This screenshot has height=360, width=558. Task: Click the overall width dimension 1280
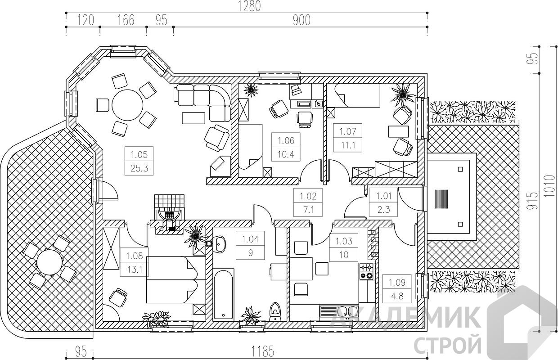coord(249,6)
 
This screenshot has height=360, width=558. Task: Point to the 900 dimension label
coord(301,20)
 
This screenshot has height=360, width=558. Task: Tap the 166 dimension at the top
coord(126,20)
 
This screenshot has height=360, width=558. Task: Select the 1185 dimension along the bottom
coord(262,352)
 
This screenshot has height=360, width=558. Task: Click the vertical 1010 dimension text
coord(550,186)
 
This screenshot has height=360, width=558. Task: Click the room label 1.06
coord(286,140)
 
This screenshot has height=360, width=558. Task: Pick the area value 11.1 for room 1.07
coord(348,145)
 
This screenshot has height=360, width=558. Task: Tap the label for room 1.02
coord(308,196)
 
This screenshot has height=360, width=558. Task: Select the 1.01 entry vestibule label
coord(383,196)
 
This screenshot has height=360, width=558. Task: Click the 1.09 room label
coord(397,283)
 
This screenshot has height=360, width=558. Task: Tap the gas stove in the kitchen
coord(367,271)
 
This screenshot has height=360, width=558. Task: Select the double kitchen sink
coord(338,311)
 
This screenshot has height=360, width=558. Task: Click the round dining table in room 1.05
coord(127,105)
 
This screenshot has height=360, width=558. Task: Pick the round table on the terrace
coord(49,263)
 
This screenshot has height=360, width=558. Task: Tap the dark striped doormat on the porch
coord(441,199)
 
